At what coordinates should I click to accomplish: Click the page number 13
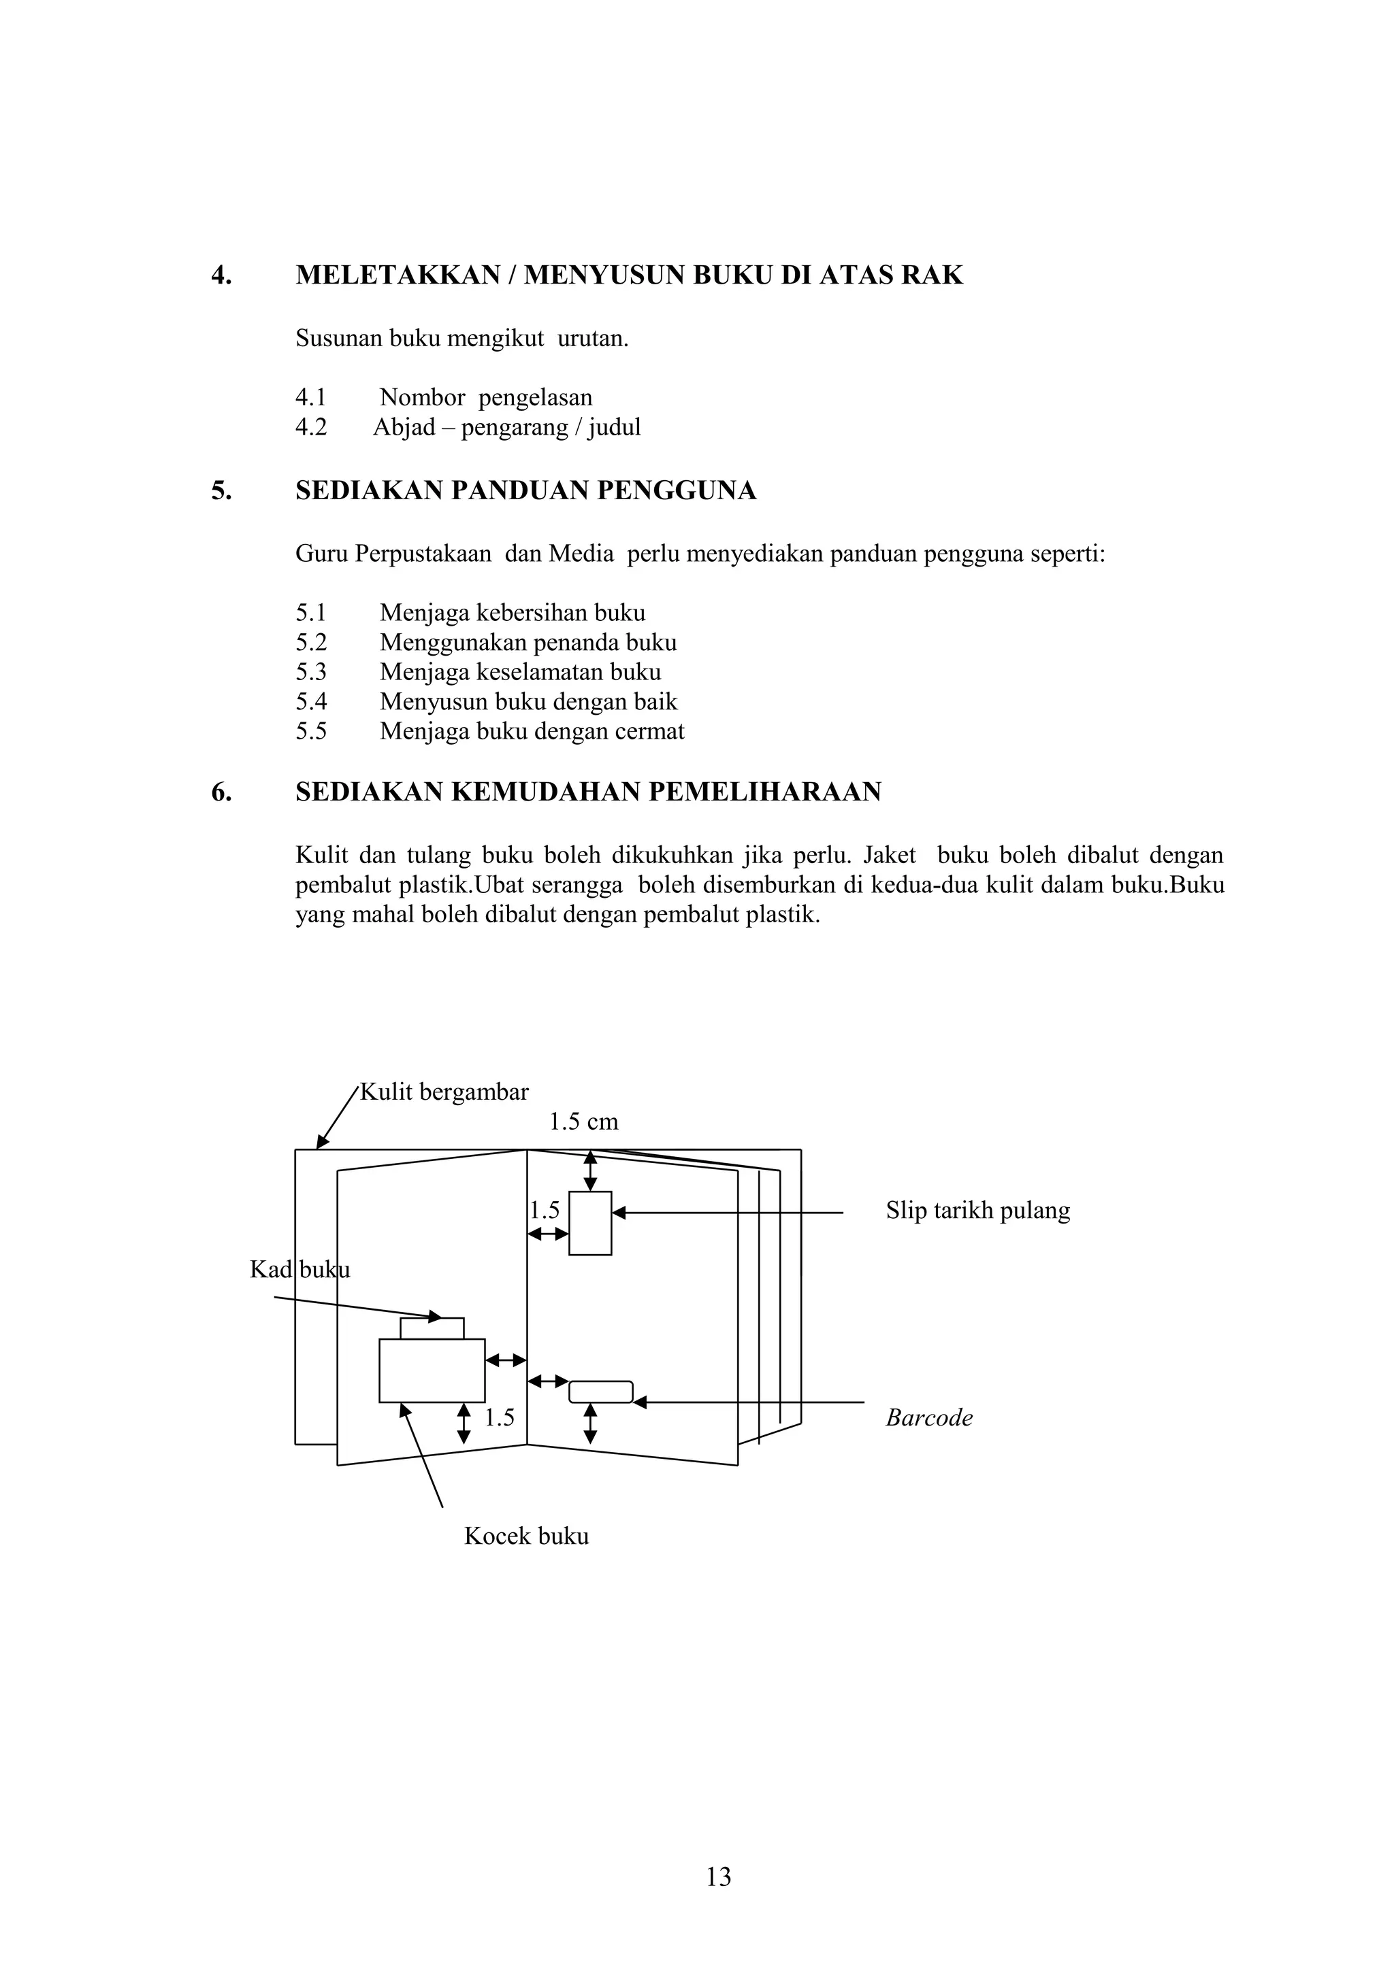pos(718,1876)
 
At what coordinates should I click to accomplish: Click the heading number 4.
pos(221,275)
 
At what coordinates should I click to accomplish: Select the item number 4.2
pos(311,428)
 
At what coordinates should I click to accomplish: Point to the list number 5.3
pos(311,672)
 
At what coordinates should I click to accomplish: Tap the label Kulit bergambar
pos(444,1092)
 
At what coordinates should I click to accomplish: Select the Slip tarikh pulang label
pos(977,1211)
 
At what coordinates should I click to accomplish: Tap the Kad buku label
pos(299,1270)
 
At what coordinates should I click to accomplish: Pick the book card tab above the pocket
pos(432,1328)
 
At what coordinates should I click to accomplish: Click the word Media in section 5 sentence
pos(581,554)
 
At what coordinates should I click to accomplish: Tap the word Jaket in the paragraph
pos(889,856)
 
